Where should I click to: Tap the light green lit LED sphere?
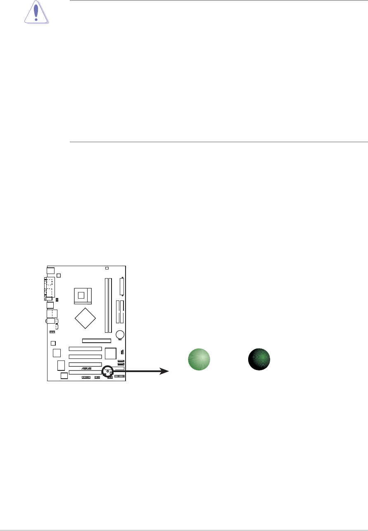click(x=199, y=359)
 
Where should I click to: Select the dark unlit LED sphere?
click(x=259, y=359)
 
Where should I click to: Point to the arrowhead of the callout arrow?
click(x=164, y=371)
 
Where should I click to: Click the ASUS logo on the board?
click(x=87, y=369)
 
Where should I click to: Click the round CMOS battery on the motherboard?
click(x=120, y=334)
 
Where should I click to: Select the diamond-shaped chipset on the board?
click(x=85, y=318)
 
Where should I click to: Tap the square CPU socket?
click(x=83, y=296)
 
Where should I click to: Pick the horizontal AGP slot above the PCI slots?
click(x=97, y=341)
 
